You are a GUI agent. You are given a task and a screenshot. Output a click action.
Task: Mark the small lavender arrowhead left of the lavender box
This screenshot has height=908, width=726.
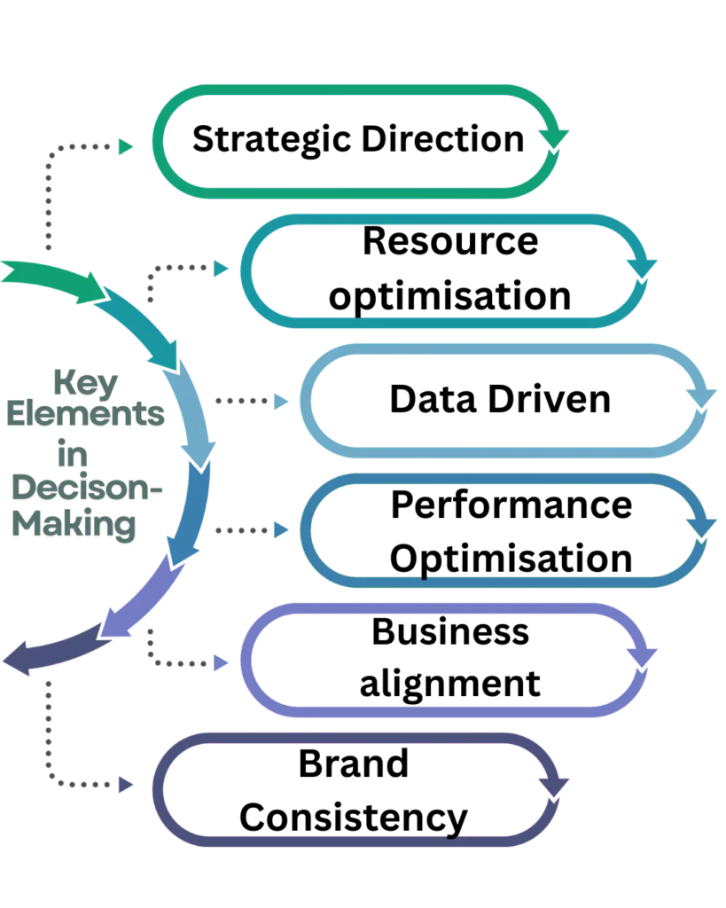(222, 662)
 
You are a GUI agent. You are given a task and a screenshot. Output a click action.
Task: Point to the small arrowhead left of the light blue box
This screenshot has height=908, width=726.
(280, 403)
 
